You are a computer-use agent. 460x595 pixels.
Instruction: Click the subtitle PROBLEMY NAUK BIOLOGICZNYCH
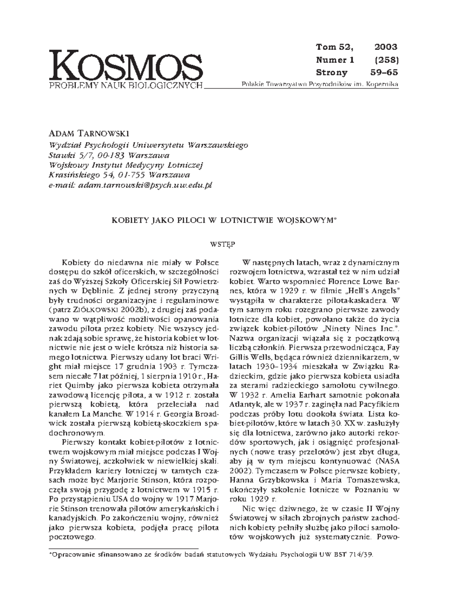click(126, 85)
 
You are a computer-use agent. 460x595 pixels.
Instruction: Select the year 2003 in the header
click(386, 47)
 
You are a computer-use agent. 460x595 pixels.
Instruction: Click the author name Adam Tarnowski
click(89, 133)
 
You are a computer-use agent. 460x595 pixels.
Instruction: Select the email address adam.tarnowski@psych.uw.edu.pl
click(145, 185)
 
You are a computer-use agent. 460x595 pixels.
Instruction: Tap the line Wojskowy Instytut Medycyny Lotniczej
click(126, 165)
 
